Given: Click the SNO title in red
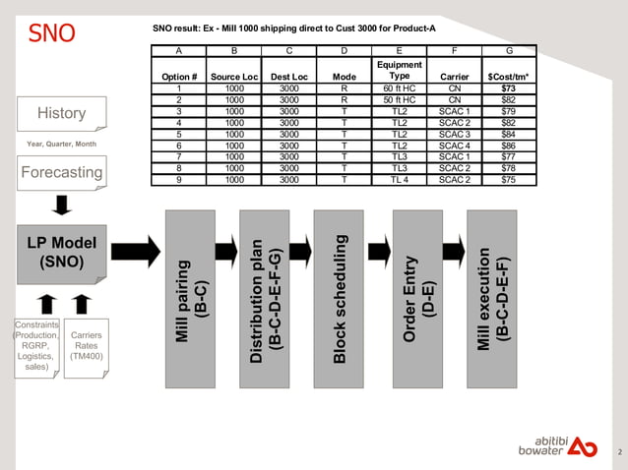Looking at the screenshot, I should (51, 32).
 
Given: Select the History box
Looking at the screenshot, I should (61, 113).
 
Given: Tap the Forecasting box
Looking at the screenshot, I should (61, 173).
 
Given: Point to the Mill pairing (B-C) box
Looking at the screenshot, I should (190, 298).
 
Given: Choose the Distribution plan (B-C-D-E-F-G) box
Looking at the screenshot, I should (265, 298).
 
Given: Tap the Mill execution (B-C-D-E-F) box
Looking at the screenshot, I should (492, 298).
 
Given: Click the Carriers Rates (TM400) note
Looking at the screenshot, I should (85, 350).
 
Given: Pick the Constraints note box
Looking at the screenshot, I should (36, 346).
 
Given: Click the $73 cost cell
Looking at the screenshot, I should (508, 88).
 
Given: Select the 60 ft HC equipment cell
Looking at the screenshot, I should (399, 88).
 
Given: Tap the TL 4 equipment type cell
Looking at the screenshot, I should (399, 180).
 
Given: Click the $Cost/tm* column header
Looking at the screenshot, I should (508, 76).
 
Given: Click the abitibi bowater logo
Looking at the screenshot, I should (557, 443).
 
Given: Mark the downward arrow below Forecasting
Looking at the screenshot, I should (61, 204).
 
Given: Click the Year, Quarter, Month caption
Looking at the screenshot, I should (61, 145).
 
